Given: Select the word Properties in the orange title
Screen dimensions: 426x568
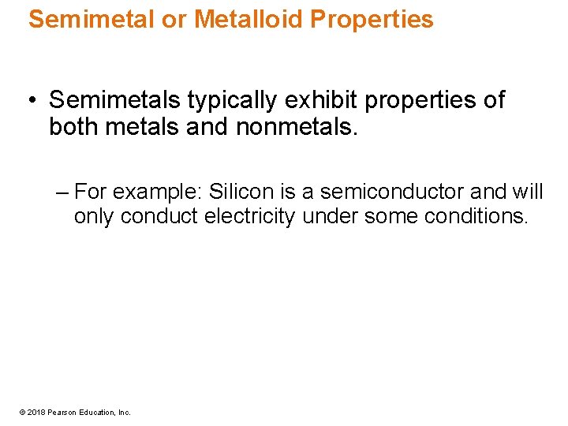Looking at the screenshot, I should pyautogui.click(x=372, y=20).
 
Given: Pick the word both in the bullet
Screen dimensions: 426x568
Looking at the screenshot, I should pyautogui.click(x=73, y=126).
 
